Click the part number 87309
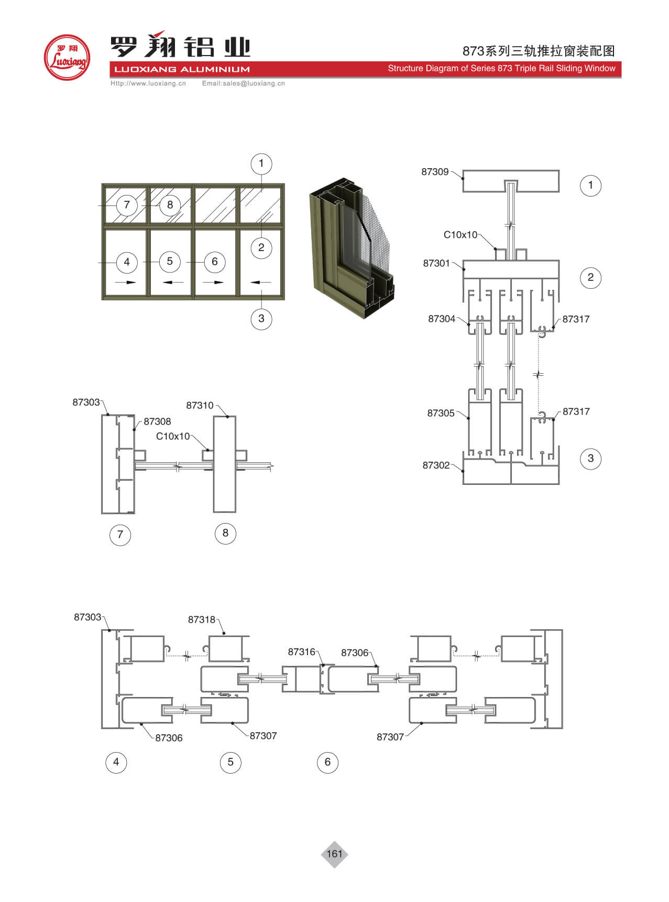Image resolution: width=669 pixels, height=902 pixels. (x=435, y=172)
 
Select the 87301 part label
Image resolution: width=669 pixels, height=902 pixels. (x=436, y=263)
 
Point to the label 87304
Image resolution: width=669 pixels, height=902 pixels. (x=442, y=319)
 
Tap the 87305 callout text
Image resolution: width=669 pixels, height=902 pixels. (x=441, y=413)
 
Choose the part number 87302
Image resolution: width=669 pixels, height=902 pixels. (x=436, y=465)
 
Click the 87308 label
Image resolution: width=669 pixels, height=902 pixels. (x=157, y=421)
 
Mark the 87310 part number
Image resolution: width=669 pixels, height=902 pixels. (x=200, y=405)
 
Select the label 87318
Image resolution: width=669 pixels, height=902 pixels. (x=202, y=620)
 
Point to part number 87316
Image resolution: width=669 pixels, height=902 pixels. (x=301, y=651)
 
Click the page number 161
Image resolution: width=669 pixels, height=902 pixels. (x=334, y=854)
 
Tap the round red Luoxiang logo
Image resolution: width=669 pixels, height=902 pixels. (x=67, y=58)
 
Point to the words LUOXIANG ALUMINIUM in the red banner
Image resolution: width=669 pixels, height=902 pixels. (x=182, y=69)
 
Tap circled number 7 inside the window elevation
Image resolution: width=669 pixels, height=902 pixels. (x=126, y=205)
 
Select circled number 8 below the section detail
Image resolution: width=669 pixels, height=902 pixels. (x=225, y=533)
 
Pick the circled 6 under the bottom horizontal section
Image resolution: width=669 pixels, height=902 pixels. (x=327, y=762)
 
